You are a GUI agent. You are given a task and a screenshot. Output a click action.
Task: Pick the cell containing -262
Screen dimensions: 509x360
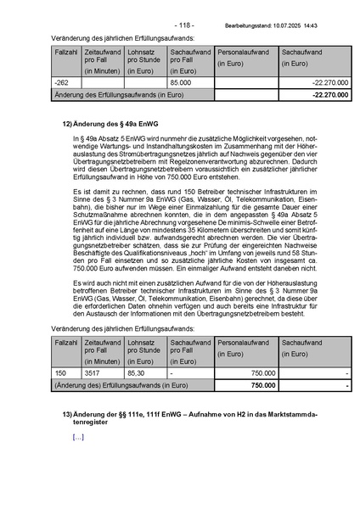(x=60, y=83)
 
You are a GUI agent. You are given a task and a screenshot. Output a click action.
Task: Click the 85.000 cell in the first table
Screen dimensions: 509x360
(x=179, y=83)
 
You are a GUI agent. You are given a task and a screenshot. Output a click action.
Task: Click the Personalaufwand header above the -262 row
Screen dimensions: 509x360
(x=243, y=53)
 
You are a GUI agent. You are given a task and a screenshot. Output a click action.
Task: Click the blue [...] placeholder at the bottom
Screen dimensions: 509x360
(x=78, y=437)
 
